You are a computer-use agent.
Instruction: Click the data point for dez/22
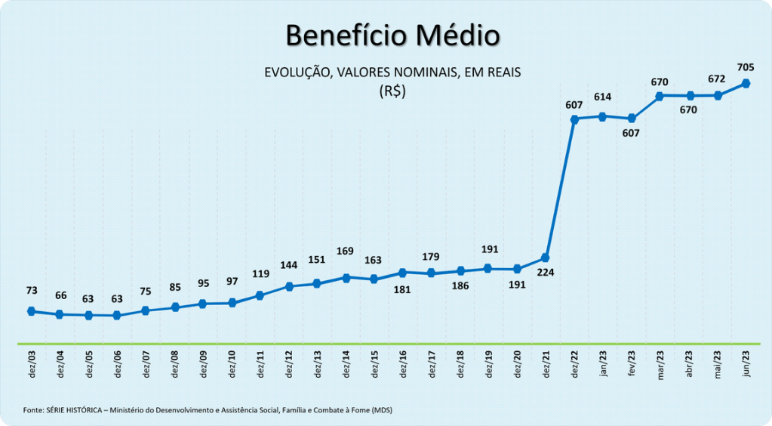[x=574, y=119]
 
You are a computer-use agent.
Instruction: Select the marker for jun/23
[x=746, y=83]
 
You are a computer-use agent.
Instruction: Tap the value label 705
[x=746, y=67]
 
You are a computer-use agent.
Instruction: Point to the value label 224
[x=545, y=273]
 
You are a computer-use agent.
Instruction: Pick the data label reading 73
[x=32, y=290]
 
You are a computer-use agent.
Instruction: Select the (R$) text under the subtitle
[x=392, y=91]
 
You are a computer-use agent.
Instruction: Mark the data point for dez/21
[x=545, y=258]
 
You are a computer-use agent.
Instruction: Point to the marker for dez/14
[x=346, y=278]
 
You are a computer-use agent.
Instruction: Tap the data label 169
[x=345, y=251]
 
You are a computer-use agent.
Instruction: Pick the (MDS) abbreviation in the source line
[x=382, y=410]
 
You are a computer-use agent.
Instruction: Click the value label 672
[x=717, y=79]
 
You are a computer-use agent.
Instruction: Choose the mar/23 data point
[x=660, y=96]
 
